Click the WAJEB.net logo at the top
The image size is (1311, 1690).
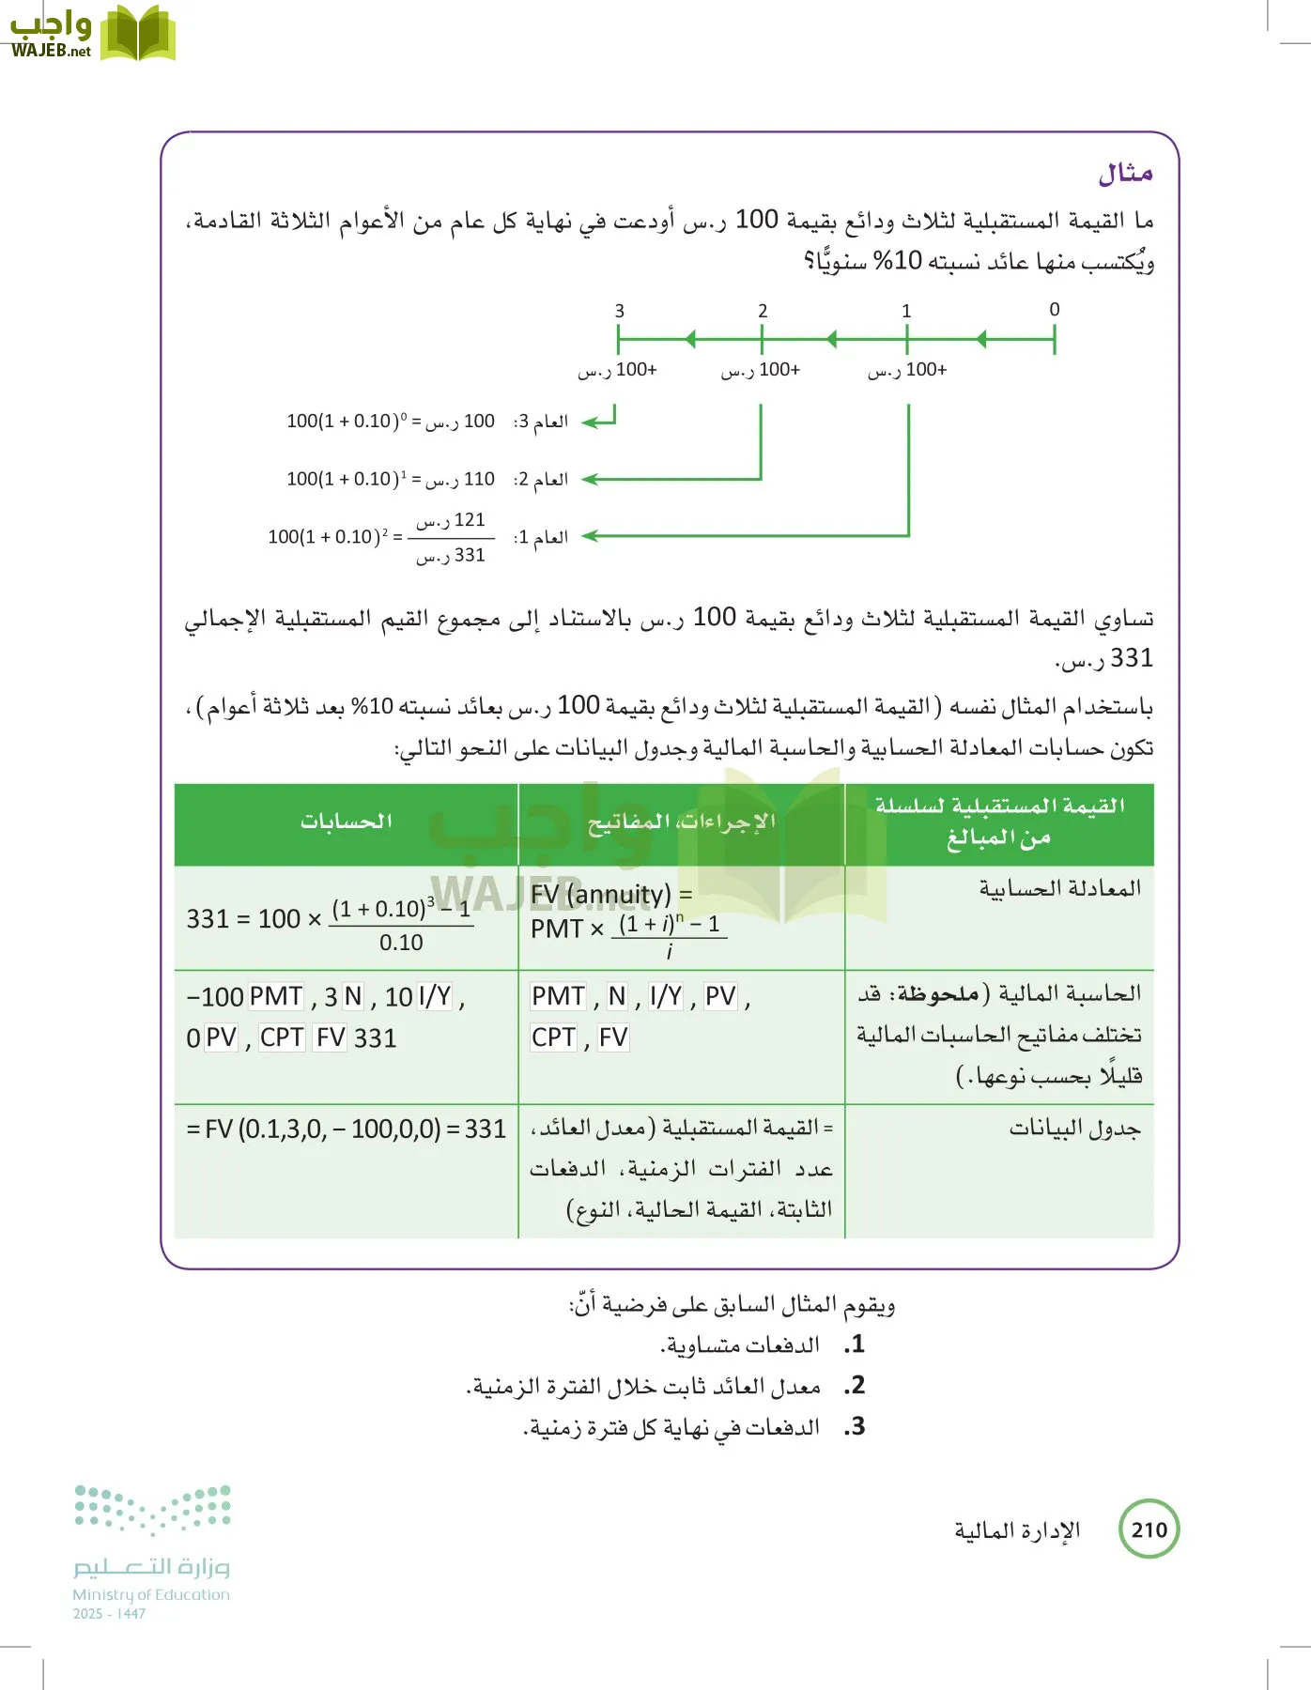pos(92,34)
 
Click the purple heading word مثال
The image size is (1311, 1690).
pos(1125,174)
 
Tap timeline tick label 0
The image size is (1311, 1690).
pos(1055,310)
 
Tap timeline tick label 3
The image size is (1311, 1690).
pos(620,311)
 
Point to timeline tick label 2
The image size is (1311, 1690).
pos(763,311)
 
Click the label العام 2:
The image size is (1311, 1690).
pos(541,480)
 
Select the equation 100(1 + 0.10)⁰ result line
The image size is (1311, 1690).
pos(390,422)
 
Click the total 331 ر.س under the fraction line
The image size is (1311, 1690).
pos(452,556)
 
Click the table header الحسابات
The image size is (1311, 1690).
pos(347,822)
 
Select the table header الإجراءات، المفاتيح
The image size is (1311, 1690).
pos(682,822)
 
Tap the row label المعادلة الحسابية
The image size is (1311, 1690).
pos(1059,888)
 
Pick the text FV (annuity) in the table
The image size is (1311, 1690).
pos(601,895)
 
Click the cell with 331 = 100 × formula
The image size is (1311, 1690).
pos(329,919)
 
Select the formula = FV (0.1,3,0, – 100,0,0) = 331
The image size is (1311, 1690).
pos(346,1129)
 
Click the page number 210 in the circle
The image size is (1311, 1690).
pos(1149,1529)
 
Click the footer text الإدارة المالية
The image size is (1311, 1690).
pos(1017,1531)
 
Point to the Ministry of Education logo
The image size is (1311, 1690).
pos(152,1549)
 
